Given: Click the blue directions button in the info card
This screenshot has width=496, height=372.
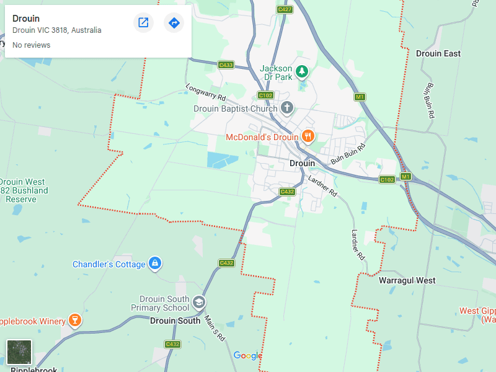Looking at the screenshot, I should tap(174, 23).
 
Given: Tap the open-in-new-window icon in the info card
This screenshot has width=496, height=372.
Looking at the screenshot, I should tap(143, 23).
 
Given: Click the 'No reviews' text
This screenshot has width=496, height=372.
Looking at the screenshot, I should tap(32, 45).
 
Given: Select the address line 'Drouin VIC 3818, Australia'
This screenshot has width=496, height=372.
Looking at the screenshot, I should tap(57, 30).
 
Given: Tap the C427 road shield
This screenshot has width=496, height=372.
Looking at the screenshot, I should tap(285, 9).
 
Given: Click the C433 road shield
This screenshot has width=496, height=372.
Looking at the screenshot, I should tap(226, 64).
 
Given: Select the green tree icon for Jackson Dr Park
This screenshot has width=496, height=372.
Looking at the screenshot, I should tap(302, 71).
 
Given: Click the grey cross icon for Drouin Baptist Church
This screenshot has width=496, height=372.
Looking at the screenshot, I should tap(286, 108).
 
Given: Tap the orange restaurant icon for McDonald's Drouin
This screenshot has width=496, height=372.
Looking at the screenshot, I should tap(308, 136).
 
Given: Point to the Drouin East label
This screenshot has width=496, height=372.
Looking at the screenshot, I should tap(438, 53).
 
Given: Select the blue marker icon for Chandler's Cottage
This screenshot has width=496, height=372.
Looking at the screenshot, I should tap(155, 264).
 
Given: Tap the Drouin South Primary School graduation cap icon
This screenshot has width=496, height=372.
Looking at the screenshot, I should tap(199, 303).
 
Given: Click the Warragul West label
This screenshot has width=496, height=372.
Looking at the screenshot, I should tap(407, 280).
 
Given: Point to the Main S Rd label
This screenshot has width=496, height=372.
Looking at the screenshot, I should tap(215, 329).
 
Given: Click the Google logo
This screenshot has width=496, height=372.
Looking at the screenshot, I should tap(247, 355).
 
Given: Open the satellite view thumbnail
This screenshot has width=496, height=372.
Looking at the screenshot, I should tap(19, 352).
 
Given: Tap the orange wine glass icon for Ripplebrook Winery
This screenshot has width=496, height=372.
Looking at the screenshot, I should tap(75, 321).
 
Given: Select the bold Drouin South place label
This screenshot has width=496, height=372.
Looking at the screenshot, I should tap(175, 321).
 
